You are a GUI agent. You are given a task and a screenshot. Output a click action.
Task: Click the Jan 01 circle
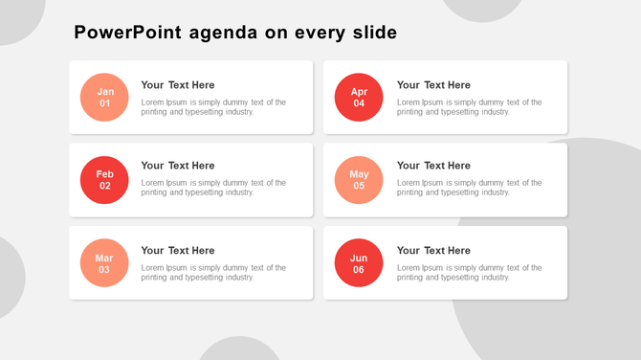click(x=104, y=98)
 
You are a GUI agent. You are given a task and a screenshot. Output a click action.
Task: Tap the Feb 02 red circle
click(x=104, y=180)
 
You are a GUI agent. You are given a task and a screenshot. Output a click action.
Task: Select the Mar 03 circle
click(x=104, y=263)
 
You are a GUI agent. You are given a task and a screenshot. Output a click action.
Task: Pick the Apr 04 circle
click(x=359, y=98)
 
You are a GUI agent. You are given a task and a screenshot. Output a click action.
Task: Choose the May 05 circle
click(x=359, y=180)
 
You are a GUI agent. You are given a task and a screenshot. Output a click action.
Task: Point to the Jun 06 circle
click(x=359, y=263)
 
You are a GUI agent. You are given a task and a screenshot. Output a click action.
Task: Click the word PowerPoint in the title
click(x=127, y=34)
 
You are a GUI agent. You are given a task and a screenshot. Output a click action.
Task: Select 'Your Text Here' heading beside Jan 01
click(x=178, y=85)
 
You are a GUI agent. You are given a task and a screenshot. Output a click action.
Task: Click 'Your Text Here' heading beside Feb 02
click(x=178, y=166)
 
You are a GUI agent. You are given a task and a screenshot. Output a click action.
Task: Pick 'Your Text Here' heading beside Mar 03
click(x=178, y=251)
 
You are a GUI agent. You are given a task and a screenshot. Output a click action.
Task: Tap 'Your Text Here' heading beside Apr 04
click(x=433, y=85)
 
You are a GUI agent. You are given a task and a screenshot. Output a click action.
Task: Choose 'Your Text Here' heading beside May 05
click(x=433, y=166)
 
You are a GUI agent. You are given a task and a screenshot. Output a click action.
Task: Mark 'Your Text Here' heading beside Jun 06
click(x=433, y=251)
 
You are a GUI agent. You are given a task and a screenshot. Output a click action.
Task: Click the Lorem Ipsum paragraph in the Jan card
click(x=213, y=107)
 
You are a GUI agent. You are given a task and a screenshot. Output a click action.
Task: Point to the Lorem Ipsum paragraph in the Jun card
click(x=469, y=273)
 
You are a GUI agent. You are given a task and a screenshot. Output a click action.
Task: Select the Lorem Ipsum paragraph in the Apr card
click(x=469, y=107)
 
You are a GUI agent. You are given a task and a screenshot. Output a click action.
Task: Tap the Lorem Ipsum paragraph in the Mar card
click(x=213, y=273)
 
